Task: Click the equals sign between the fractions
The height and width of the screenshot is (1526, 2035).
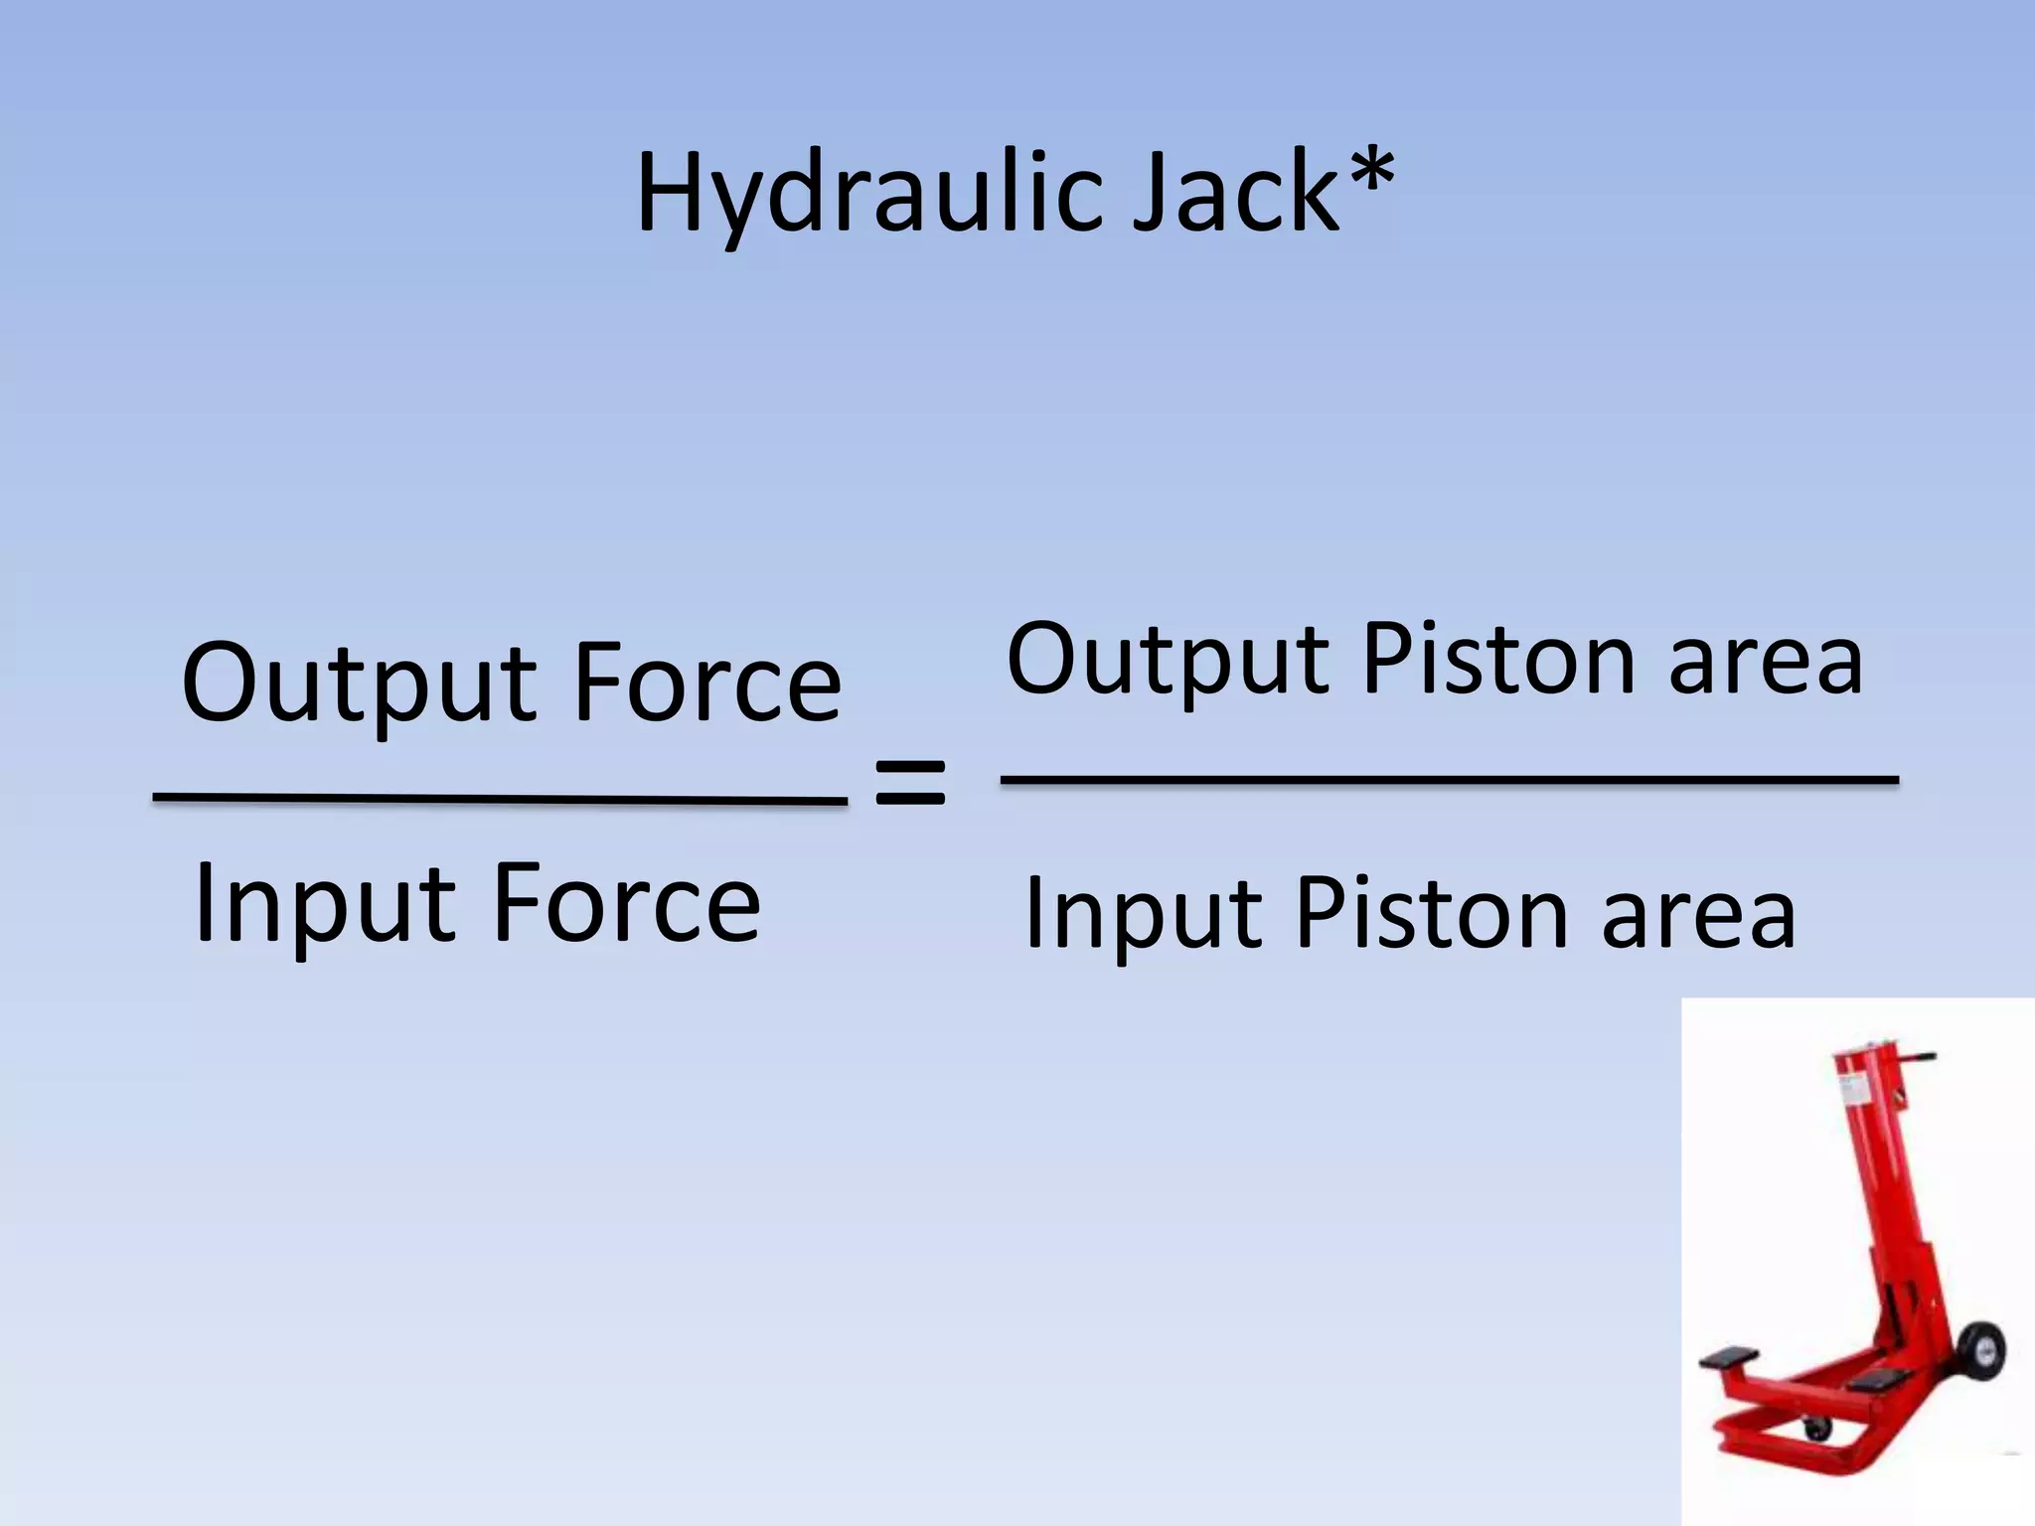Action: pos(910,783)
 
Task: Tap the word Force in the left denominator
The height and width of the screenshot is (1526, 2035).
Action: pos(626,904)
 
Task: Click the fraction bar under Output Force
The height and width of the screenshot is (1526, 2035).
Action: pos(500,799)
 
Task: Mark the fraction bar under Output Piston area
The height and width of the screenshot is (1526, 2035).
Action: pos(1449,781)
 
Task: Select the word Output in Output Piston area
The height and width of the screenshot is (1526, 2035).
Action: pos(1168,661)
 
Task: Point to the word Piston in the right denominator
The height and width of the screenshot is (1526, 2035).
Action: pos(1432,914)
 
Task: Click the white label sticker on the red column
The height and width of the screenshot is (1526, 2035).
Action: pos(1854,1092)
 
